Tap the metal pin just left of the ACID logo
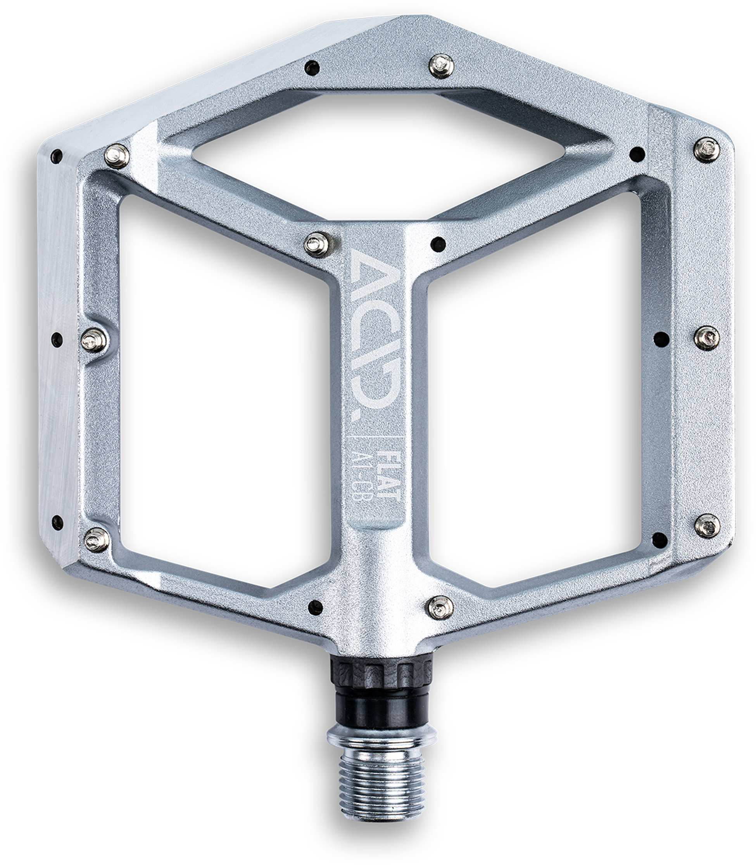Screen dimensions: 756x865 click(x=316, y=244)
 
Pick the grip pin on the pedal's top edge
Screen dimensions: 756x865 click(x=441, y=66)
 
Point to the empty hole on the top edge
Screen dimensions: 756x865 click(x=312, y=67)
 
